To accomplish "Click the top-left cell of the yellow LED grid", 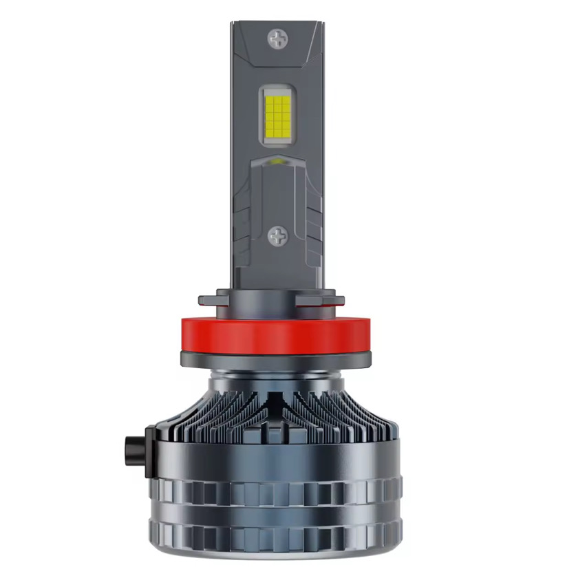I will (268, 97).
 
